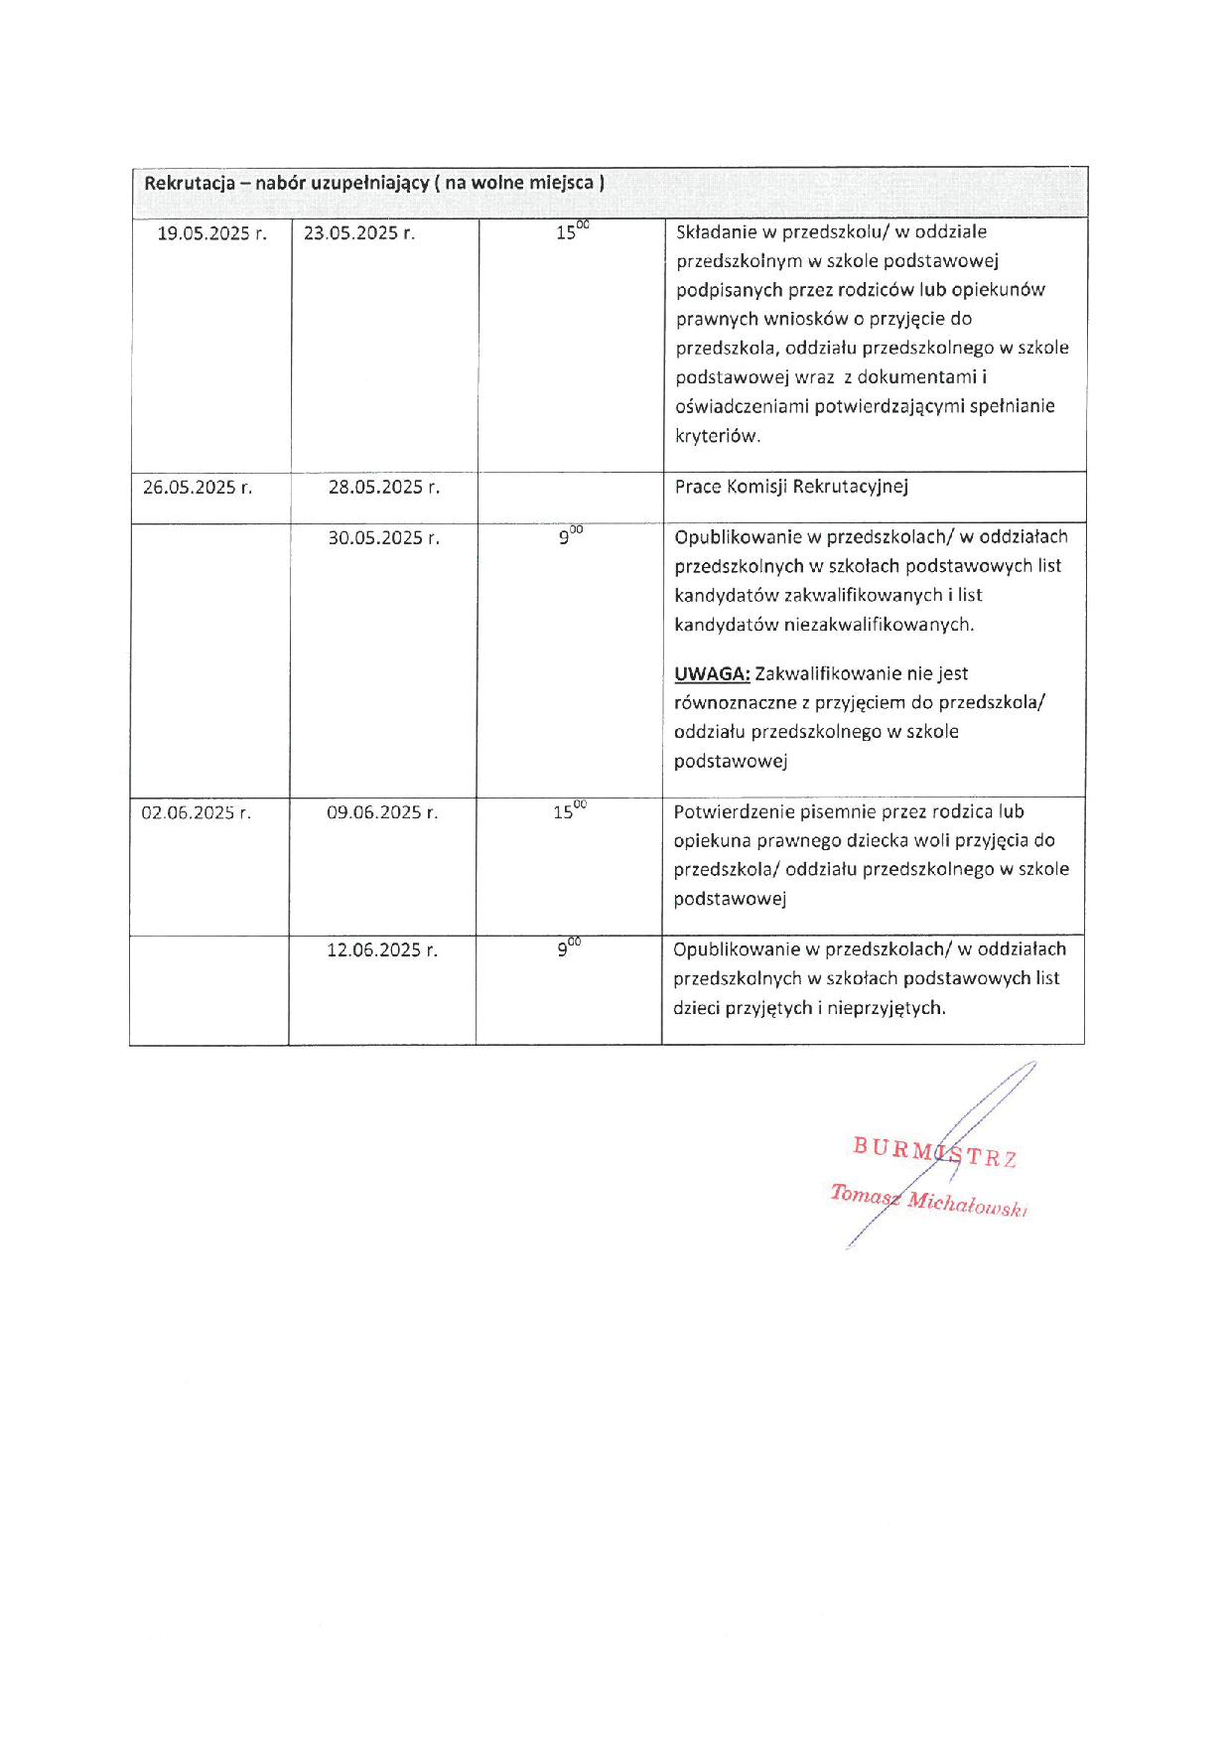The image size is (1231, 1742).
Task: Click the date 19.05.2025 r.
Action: [x=211, y=233]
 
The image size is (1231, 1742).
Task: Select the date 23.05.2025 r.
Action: [x=358, y=233]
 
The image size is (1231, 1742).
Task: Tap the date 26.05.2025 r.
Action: [x=197, y=488]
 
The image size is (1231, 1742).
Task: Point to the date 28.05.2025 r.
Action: [x=383, y=488]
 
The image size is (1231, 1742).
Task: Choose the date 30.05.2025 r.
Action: [x=383, y=538]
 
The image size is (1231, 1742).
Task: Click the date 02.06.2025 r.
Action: [x=196, y=812]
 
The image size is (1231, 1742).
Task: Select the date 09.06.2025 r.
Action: [x=382, y=812]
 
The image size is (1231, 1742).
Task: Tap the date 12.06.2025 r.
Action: [x=382, y=950]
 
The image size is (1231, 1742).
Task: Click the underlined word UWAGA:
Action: [x=712, y=674]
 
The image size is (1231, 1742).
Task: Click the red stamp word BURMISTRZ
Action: [x=934, y=1153]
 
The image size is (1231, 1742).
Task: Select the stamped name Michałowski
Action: [x=966, y=1204]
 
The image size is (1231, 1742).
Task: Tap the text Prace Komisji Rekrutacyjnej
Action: [x=791, y=487]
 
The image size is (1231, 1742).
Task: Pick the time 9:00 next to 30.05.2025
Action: [x=570, y=536]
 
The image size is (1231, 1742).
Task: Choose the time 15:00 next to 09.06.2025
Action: [x=569, y=810]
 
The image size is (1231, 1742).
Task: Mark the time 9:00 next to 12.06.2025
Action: [x=568, y=948]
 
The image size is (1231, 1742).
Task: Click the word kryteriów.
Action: [x=718, y=436]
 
